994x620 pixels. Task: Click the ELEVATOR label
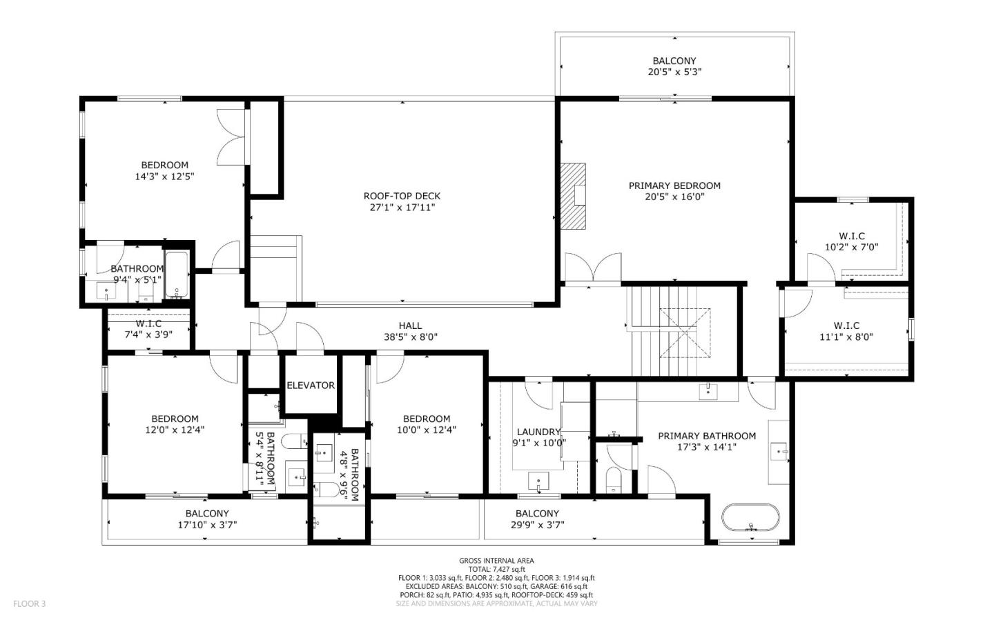point(311,386)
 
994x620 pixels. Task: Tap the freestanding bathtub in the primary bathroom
point(750,517)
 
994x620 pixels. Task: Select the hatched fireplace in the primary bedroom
point(572,195)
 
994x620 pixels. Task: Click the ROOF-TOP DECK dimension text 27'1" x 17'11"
point(402,207)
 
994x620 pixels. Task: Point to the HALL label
point(410,326)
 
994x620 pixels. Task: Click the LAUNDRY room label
point(539,432)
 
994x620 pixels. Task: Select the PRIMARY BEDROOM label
point(674,186)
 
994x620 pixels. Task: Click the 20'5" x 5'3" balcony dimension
point(674,72)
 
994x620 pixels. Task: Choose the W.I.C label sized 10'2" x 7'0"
point(851,236)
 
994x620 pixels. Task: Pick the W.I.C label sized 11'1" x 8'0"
point(846,326)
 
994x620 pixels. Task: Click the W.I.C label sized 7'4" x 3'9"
point(148,323)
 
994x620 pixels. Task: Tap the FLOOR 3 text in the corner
point(29,603)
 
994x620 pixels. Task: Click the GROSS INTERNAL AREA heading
point(496,561)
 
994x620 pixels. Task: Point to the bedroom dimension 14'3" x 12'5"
point(164,176)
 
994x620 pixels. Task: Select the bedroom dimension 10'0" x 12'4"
point(427,430)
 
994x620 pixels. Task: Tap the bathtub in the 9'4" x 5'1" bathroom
point(177,276)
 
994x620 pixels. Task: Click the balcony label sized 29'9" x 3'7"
point(537,513)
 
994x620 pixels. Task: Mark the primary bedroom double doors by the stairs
point(593,268)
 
